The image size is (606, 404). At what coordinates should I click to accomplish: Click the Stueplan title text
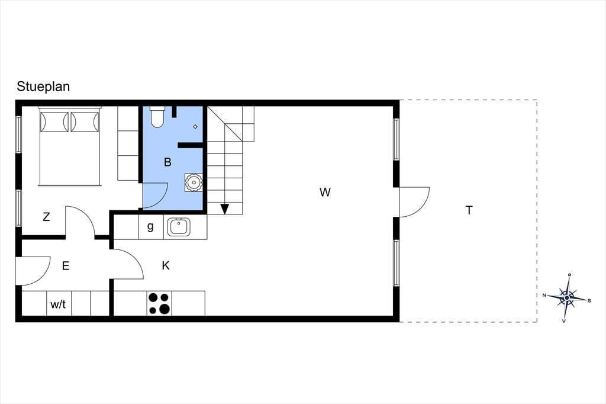(x=43, y=86)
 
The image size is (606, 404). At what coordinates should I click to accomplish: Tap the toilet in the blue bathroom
(x=157, y=117)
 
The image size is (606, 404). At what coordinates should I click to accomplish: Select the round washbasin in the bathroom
(x=194, y=182)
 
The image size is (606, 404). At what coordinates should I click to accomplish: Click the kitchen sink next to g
(x=178, y=227)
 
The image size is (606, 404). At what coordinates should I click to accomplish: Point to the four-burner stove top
(x=159, y=303)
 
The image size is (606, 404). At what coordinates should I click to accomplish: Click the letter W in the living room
(x=325, y=192)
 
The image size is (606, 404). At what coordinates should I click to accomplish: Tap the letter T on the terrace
(x=469, y=210)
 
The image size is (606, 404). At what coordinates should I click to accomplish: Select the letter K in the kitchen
(x=166, y=265)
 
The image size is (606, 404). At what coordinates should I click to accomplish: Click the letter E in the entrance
(x=66, y=266)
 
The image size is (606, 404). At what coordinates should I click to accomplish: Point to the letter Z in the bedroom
(x=46, y=217)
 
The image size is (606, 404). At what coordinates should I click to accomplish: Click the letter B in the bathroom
(x=167, y=162)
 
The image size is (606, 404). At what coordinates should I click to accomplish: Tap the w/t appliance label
(x=58, y=304)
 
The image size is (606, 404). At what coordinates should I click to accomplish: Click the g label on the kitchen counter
(x=150, y=226)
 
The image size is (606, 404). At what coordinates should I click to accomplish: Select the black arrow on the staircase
(x=224, y=209)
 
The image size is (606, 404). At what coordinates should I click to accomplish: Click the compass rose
(x=566, y=297)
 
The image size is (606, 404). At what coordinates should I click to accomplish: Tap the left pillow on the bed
(x=54, y=122)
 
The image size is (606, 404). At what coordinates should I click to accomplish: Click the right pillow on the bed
(x=85, y=122)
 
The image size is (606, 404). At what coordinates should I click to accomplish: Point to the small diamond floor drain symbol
(x=195, y=127)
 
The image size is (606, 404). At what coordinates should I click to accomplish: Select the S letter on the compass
(x=589, y=301)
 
